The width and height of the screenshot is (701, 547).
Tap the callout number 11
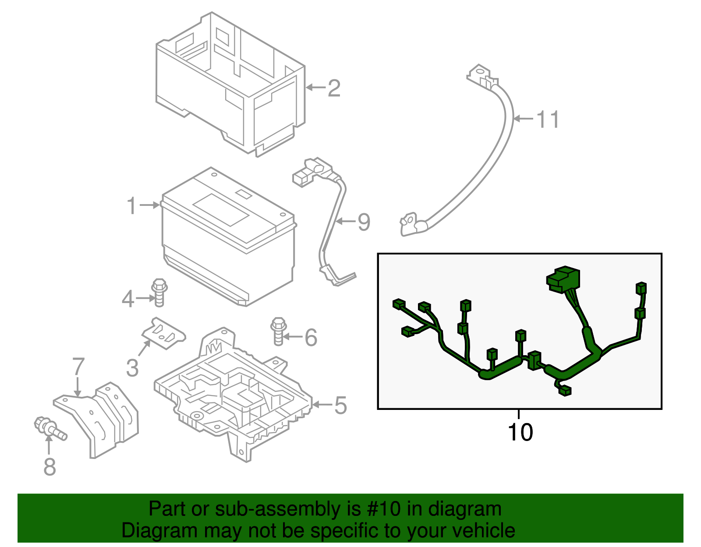[x=548, y=119]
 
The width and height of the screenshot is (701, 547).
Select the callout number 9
[x=364, y=222]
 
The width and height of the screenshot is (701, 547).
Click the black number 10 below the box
[x=520, y=432]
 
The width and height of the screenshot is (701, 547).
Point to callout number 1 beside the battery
[x=131, y=205]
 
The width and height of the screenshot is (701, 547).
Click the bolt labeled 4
[x=159, y=292]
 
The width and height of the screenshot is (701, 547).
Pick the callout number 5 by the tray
[x=340, y=405]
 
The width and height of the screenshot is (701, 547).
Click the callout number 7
[x=78, y=367]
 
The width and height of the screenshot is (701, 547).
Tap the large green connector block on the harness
[x=563, y=279]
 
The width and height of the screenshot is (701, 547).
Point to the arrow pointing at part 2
[x=315, y=88]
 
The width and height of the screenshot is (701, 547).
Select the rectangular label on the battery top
[x=221, y=210]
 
